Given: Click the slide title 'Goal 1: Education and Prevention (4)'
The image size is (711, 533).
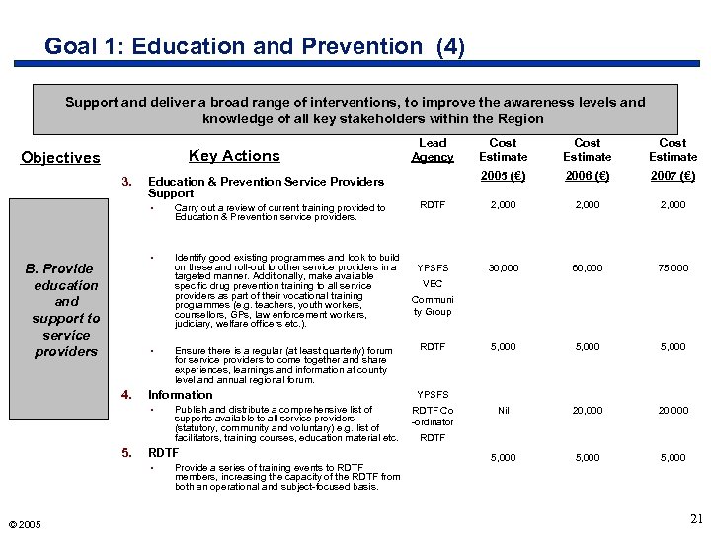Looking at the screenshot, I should [255, 46].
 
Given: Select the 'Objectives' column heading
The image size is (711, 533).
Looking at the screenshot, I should [60, 157].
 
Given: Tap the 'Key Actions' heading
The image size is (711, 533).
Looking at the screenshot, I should [234, 155].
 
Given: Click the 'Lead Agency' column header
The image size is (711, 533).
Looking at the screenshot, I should [433, 150].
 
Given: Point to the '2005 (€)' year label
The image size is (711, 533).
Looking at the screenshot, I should [503, 176].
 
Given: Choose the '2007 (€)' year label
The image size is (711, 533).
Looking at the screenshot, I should [672, 176].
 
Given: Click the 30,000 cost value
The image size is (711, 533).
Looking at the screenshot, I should [503, 267].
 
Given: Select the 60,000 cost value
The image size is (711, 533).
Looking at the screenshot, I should [588, 267].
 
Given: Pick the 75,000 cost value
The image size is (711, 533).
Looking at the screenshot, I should [672, 267].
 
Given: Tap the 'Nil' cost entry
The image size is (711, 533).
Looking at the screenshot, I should [503, 410].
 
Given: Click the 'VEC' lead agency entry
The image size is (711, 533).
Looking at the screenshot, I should [433, 282].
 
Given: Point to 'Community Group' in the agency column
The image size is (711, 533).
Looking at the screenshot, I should [433, 305].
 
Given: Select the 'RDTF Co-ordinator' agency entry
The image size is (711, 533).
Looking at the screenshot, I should [433, 416].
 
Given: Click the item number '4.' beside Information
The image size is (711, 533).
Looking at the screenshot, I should [126, 395].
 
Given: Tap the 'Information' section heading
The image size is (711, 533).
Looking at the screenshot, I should [180, 395].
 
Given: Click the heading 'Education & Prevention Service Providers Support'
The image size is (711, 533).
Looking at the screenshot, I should [265, 188].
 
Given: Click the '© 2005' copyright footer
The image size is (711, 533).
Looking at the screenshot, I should [22, 524].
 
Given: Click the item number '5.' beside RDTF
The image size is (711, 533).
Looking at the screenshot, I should [126, 453].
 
